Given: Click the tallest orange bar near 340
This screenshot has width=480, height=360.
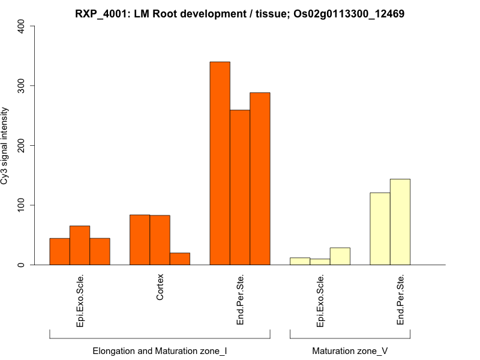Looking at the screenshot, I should click(x=220, y=163).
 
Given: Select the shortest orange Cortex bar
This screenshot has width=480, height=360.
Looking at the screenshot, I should click(x=180, y=259).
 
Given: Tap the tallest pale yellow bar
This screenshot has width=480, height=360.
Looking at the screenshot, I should click(x=400, y=222).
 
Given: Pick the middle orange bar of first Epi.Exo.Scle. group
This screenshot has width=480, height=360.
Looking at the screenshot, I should click(x=80, y=245).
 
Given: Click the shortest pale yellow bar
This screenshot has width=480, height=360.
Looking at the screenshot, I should click(x=320, y=262).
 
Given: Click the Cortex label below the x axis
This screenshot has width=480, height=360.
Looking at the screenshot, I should click(x=160, y=287).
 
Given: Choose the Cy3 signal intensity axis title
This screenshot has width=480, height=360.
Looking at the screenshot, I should click(x=5, y=145).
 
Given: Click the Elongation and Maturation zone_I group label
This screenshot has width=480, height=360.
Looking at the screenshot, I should click(x=160, y=350).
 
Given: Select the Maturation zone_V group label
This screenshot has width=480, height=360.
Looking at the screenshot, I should click(x=350, y=350).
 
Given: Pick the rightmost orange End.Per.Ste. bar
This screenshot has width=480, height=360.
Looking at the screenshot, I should click(x=260, y=179).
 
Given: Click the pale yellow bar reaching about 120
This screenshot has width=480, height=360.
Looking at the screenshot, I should click(x=380, y=229).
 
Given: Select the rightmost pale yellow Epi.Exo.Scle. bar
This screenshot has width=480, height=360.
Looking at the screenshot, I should click(x=340, y=256).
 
